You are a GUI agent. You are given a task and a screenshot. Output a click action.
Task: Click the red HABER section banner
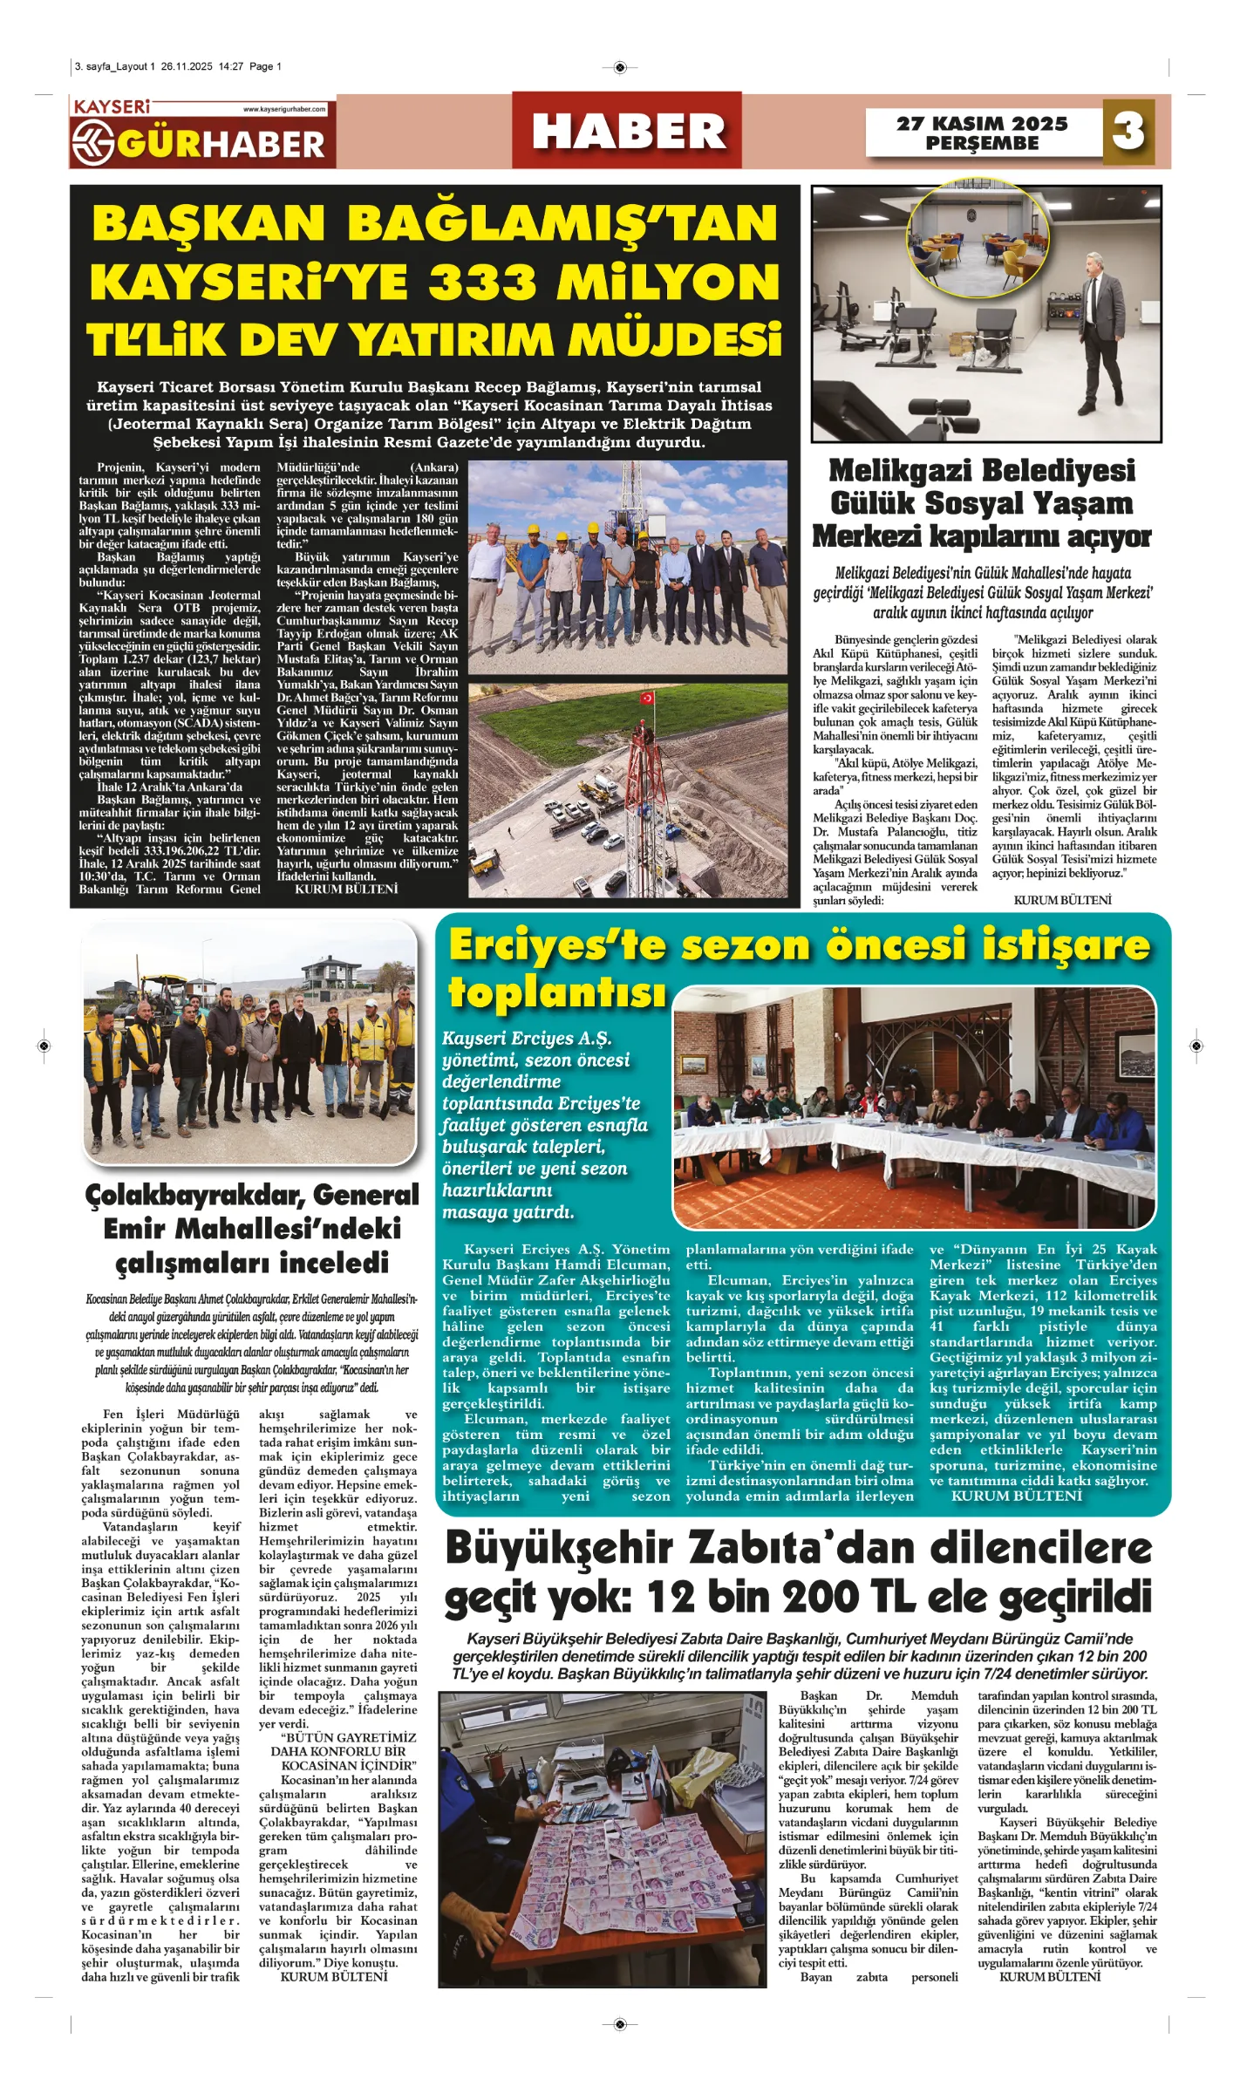627,131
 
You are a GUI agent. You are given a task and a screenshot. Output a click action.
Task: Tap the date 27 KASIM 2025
982,123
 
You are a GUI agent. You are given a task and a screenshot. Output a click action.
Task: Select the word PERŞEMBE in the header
982,143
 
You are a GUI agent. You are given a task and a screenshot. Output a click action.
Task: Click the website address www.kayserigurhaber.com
284,109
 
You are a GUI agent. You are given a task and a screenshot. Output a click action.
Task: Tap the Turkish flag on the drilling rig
647,697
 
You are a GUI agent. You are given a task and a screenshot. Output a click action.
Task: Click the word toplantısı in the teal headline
557,992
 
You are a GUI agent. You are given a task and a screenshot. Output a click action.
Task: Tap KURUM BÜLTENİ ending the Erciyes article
1016,1496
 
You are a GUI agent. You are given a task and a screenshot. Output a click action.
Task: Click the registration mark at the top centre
620,67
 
